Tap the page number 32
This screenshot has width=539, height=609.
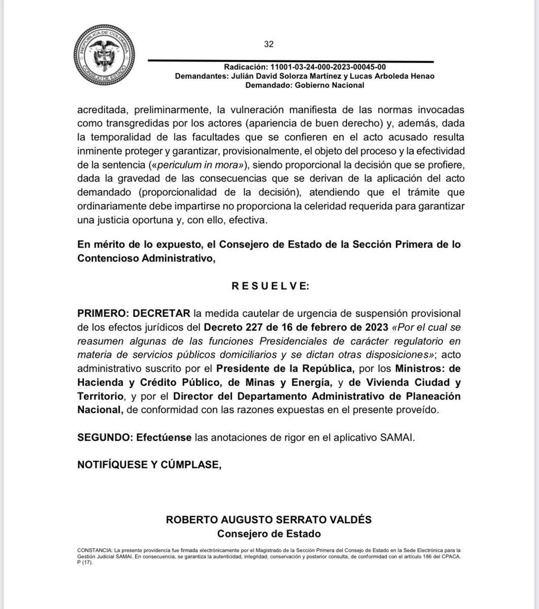(x=269, y=44)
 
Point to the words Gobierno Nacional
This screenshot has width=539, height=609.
(x=331, y=85)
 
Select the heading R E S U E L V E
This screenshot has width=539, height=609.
(x=269, y=287)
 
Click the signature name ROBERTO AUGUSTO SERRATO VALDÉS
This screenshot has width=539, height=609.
(x=269, y=520)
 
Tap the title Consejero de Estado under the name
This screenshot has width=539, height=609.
(x=269, y=534)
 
